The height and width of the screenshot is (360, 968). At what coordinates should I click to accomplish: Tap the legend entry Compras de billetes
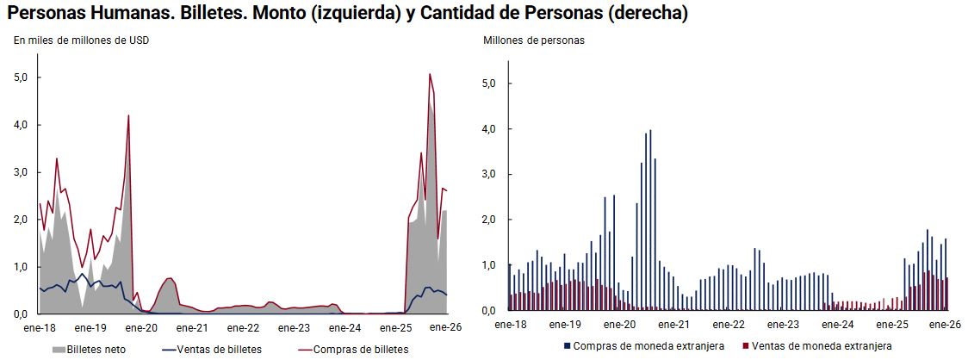361,350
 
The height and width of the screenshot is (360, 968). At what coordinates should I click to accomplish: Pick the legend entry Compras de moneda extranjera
654,345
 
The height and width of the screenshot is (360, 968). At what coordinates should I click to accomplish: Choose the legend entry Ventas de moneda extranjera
822,345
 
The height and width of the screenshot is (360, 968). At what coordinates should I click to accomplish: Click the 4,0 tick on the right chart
491,129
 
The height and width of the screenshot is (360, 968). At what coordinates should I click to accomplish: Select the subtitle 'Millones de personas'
533,40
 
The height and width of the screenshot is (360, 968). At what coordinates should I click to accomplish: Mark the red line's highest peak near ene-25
430,74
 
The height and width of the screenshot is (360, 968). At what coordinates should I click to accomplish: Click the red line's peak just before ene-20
128,115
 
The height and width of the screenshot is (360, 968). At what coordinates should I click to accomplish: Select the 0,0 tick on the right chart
491,310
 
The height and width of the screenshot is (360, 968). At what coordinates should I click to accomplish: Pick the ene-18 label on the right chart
512,325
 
